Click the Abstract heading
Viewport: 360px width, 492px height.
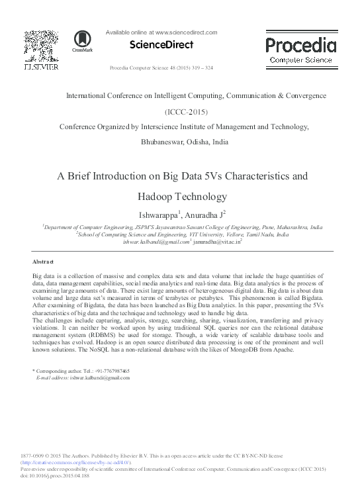(42, 262)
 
